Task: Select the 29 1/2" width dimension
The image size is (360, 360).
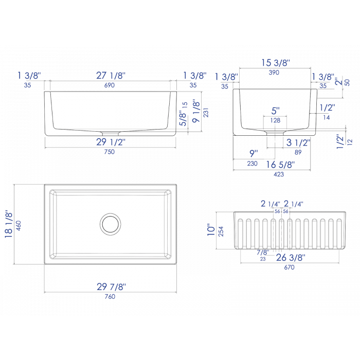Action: (x=111, y=142)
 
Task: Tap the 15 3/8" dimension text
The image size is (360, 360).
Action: (x=276, y=63)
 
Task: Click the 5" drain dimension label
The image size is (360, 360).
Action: (x=275, y=111)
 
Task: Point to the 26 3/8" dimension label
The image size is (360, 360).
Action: (x=291, y=257)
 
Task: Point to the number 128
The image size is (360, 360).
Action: (x=275, y=120)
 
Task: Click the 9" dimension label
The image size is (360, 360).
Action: (x=252, y=152)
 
